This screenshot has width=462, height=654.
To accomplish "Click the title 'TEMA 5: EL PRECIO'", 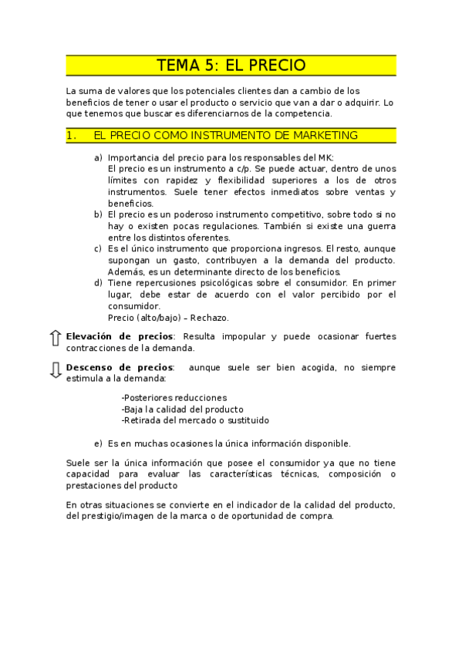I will tap(231, 66).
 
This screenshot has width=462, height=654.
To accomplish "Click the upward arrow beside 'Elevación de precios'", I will tap(55, 338).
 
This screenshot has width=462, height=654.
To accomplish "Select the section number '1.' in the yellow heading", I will tap(72, 135).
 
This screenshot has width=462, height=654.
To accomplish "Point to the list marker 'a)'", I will tap(98, 158).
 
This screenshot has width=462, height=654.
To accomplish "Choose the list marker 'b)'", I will tap(98, 214).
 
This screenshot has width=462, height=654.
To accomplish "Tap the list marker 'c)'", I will tap(98, 249).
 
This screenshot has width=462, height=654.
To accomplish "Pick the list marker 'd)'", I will tap(98, 283).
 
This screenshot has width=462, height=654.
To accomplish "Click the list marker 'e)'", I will tap(98, 443).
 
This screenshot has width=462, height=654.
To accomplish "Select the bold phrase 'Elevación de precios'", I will tap(120, 336).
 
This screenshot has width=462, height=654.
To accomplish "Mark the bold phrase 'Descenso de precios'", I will tap(120, 368).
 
